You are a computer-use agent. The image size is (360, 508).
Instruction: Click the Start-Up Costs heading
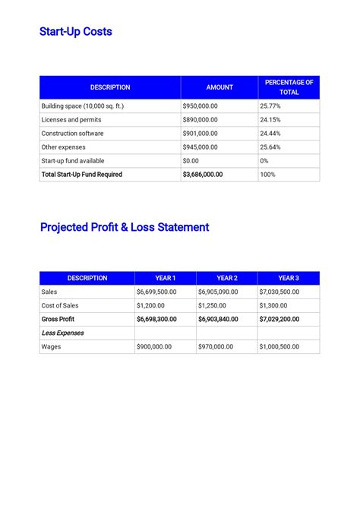(76, 32)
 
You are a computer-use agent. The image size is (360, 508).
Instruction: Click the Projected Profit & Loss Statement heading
(125, 227)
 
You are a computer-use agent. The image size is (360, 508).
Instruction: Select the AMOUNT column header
(219, 87)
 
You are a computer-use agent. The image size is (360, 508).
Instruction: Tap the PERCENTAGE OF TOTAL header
(289, 87)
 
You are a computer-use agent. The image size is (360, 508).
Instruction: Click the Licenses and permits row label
(71, 120)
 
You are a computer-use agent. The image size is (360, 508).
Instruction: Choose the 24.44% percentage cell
(270, 134)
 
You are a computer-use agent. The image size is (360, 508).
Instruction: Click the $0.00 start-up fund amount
(191, 161)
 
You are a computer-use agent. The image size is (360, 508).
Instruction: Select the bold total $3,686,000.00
(203, 175)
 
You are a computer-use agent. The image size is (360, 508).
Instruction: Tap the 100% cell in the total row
(267, 175)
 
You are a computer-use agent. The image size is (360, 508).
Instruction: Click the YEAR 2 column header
(226, 278)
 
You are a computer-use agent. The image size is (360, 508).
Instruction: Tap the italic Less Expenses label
(62, 333)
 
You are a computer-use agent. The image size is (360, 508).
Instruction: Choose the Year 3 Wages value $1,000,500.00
(279, 346)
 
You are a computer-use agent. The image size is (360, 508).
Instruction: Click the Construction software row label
(73, 134)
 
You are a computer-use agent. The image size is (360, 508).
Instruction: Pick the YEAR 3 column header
(288, 278)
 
